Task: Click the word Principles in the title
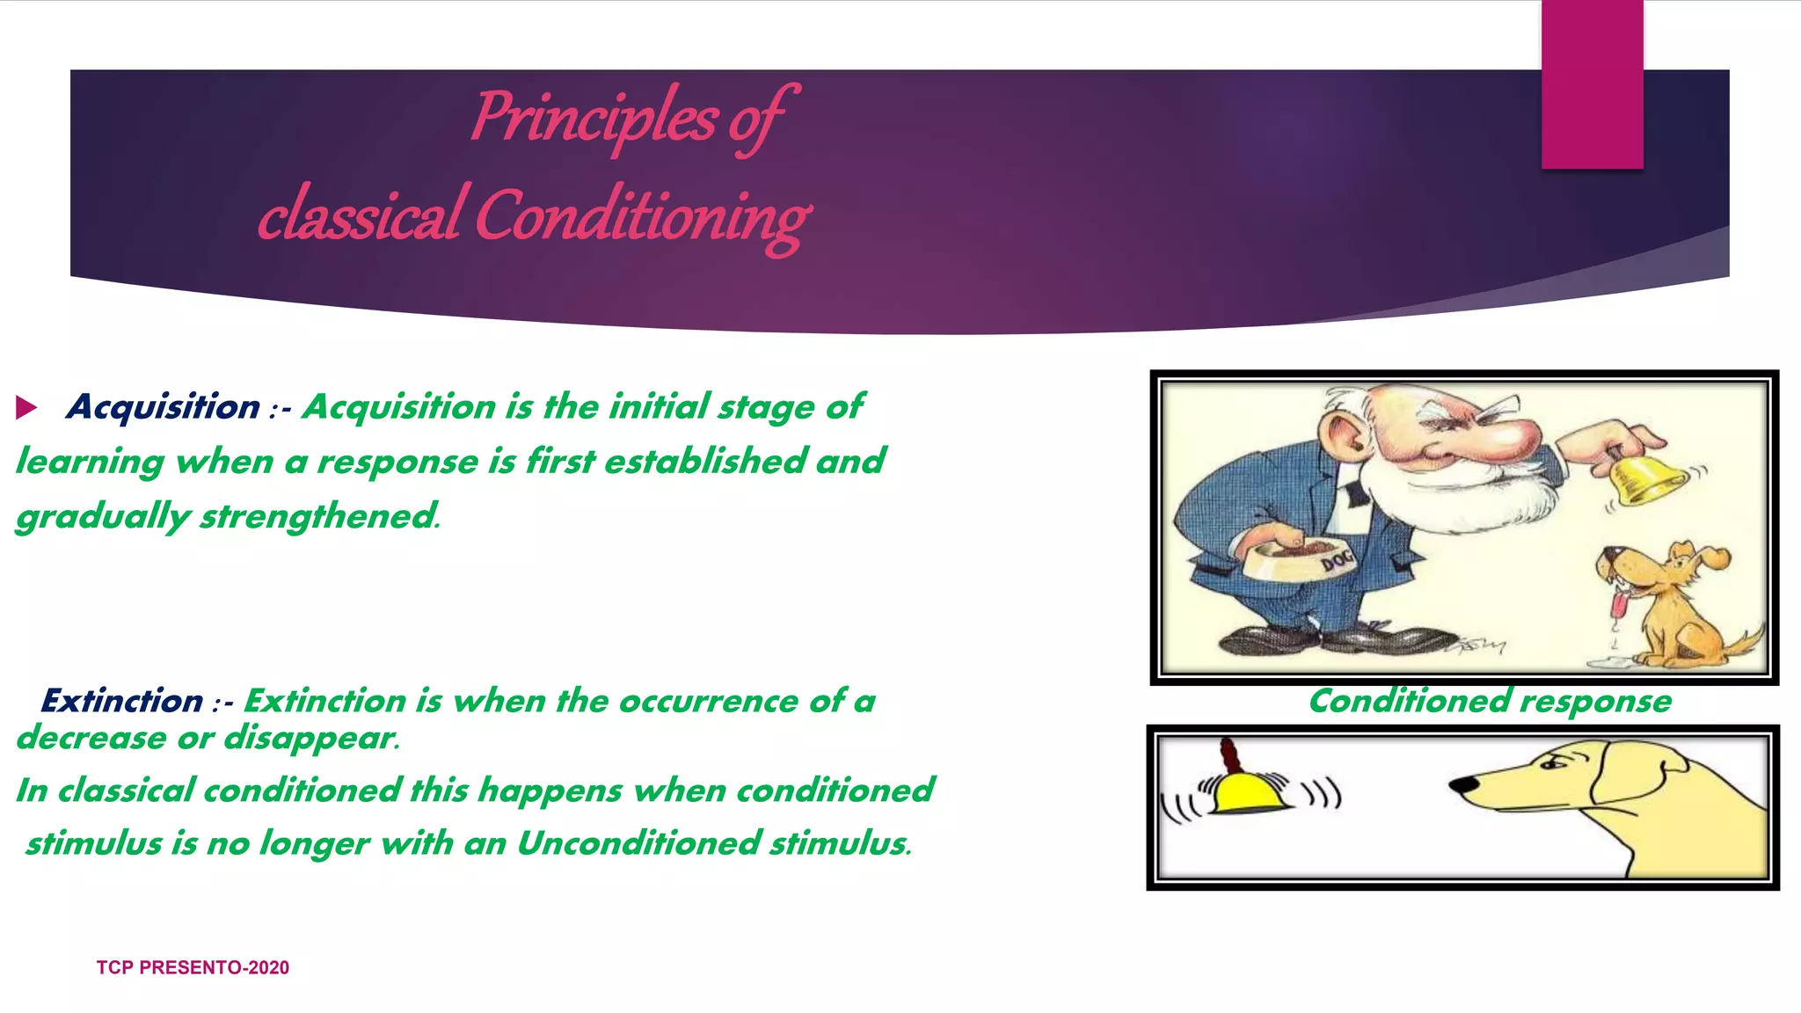[x=594, y=119]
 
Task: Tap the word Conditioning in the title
[x=642, y=216]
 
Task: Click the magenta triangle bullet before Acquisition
[x=26, y=407]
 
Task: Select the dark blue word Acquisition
[x=164, y=407]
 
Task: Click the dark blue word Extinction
[x=122, y=701]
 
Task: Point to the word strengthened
[x=319, y=516]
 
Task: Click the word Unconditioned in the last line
[x=638, y=843]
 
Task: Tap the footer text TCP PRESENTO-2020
[x=193, y=967]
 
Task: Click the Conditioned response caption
[x=1490, y=701]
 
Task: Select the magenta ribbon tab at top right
[x=1592, y=84]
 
